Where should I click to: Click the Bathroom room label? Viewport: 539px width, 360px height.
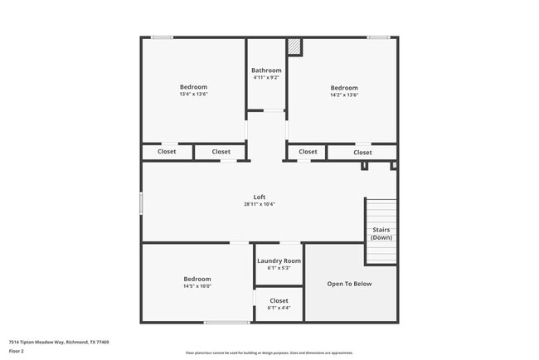266,71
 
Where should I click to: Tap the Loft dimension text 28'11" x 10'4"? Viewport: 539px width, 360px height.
260,204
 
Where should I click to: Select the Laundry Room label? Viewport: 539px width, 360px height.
279,260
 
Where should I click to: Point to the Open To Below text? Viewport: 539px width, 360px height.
349,284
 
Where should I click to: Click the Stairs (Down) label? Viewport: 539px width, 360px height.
381,234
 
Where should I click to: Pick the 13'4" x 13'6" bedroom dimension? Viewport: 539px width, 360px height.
193,95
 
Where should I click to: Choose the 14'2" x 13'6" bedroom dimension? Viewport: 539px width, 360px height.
344,95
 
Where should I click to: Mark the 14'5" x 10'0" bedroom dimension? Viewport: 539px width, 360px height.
197,286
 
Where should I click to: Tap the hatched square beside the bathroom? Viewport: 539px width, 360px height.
294,46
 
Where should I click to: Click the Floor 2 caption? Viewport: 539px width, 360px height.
17,351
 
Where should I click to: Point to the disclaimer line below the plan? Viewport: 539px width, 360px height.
269,353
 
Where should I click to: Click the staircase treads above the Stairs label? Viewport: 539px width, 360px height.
381,209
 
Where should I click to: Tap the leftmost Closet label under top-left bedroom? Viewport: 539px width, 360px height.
167,152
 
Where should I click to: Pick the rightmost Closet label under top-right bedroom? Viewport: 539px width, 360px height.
362,152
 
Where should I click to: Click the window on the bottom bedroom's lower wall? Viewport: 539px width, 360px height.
227,322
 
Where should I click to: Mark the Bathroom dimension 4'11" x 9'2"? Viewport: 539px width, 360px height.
266,78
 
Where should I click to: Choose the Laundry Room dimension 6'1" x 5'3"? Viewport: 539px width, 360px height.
279,268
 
